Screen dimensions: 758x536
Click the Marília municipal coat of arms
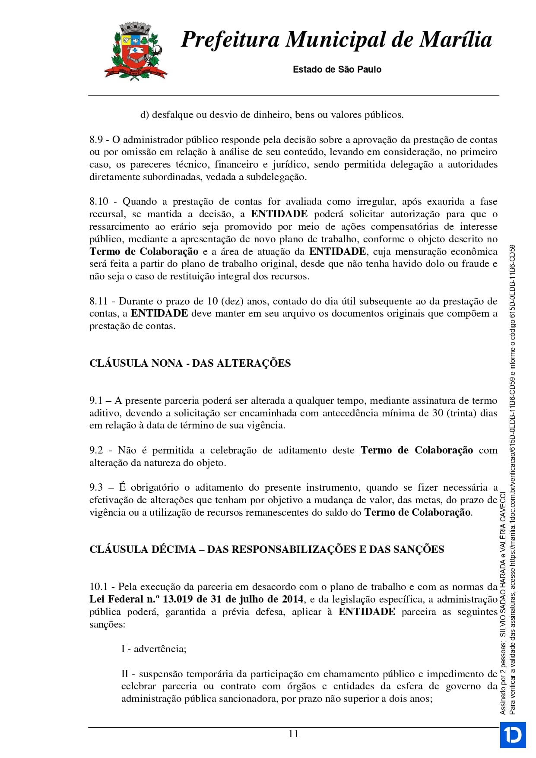[x=135, y=51]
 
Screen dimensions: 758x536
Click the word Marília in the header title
[x=456, y=39]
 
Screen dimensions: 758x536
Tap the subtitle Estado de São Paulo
[x=337, y=70]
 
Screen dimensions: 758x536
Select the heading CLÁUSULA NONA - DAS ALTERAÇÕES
[x=190, y=363]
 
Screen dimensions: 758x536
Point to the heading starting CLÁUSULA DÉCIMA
[x=266, y=549]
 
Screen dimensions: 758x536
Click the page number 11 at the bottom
[x=293, y=734]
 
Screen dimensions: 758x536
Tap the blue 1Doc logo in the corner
[x=513, y=735]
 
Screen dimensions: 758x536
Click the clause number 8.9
[x=96, y=140]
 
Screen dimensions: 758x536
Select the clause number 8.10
[x=99, y=202]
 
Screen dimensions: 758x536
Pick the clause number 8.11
[x=98, y=301]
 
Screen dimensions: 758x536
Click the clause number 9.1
[x=95, y=401]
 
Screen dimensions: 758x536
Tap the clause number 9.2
[x=96, y=450]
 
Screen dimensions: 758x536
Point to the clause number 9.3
[x=96, y=488]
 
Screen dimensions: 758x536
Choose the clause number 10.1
[x=98, y=587]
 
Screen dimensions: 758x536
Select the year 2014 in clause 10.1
[x=292, y=599]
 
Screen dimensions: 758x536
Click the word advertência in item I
[x=160, y=649]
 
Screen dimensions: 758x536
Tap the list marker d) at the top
[x=144, y=115]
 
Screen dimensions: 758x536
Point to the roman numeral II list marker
[x=125, y=674]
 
